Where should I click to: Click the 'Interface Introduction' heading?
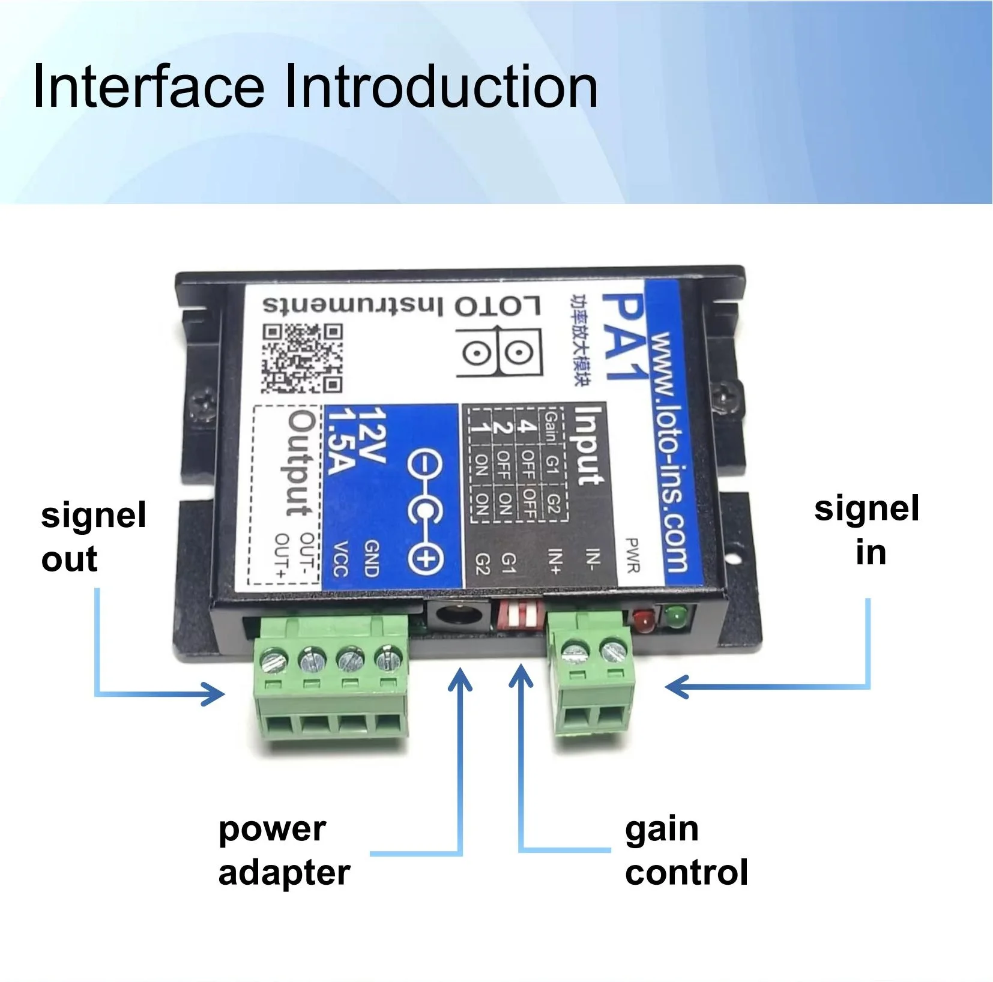coord(315,87)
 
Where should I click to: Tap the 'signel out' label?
coord(93,537)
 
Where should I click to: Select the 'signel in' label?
coord(866,530)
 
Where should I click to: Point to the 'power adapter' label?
coord(283,851)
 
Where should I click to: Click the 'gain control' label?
coord(686,851)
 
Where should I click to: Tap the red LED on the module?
coord(643,621)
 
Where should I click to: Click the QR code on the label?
coord(302,358)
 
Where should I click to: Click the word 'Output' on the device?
coord(300,463)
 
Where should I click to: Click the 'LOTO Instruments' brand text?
coord(401,306)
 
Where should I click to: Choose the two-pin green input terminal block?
coord(592,678)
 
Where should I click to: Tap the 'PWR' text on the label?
coord(632,555)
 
